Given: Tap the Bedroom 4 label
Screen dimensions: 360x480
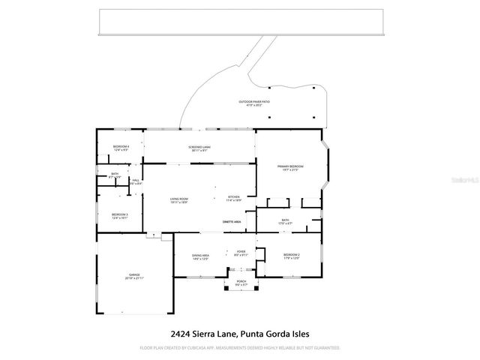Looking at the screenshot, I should (121, 147).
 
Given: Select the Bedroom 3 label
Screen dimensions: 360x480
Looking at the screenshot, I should (120, 216).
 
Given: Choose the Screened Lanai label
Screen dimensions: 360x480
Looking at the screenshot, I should (199, 147).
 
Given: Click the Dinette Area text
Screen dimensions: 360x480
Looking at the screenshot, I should (232, 222).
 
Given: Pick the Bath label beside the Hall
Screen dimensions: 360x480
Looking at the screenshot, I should (115, 175).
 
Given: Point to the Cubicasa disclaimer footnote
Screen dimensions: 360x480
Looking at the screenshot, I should (240, 348).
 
